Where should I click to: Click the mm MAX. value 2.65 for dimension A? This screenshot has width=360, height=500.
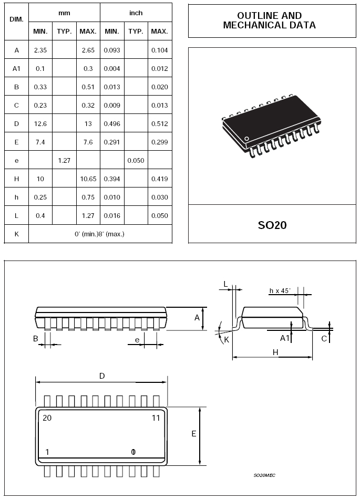point(88,50)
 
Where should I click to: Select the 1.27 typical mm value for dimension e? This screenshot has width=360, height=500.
point(64,160)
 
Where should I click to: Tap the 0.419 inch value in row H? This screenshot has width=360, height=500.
point(160,179)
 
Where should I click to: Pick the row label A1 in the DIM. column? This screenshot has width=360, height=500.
point(17,69)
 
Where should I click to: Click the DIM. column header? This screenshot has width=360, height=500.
point(17,19)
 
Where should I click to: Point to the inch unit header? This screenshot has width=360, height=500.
point(136,13)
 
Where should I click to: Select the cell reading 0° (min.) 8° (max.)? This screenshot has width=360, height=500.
point(99,234)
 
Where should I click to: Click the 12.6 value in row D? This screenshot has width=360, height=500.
point(40,124)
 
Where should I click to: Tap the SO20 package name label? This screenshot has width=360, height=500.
point(272,225)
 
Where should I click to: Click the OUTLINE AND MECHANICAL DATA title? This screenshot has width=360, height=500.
point(270,20)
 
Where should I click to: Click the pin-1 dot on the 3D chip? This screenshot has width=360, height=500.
point(246,139)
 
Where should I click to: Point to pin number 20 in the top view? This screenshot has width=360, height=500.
point(47,418)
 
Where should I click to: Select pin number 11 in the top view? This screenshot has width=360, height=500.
point(156,418)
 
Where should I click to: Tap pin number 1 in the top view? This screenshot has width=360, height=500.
point(47,452)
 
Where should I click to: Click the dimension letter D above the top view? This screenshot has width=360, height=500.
point(102,376)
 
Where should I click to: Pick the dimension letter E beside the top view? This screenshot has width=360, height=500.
point(194,434)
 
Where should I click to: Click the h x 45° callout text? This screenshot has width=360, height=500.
point(280,291)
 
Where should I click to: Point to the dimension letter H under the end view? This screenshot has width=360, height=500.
point(275,352)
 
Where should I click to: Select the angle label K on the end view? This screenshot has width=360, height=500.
point(227,340)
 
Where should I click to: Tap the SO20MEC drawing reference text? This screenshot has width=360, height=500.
point(264,475)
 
